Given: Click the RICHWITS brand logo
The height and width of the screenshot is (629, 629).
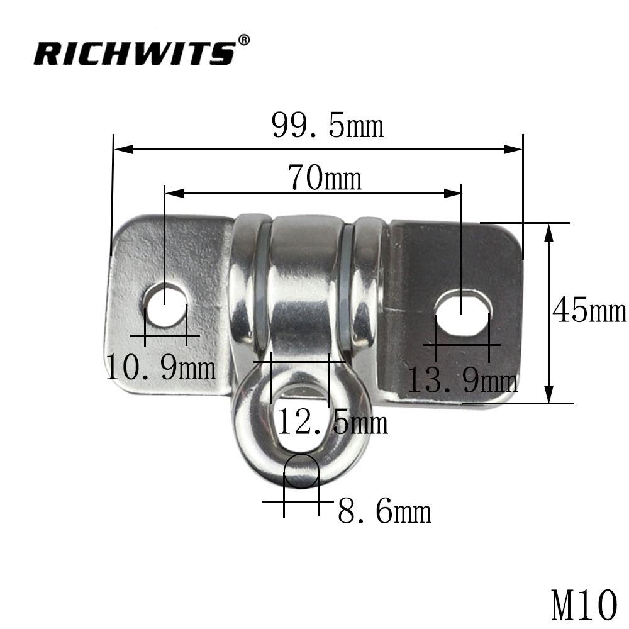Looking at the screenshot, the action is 135,53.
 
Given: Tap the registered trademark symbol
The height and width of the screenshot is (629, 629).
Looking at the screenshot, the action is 244,40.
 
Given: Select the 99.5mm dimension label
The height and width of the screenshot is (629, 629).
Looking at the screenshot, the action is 328,125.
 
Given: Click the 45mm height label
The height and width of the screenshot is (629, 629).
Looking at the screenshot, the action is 589,311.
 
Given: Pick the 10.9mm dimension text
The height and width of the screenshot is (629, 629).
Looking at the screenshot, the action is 161,367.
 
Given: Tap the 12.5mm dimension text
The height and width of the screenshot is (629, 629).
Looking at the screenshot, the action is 333,421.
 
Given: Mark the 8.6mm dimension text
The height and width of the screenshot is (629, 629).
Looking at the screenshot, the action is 384,511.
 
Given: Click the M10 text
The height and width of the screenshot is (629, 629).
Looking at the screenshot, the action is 584,604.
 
